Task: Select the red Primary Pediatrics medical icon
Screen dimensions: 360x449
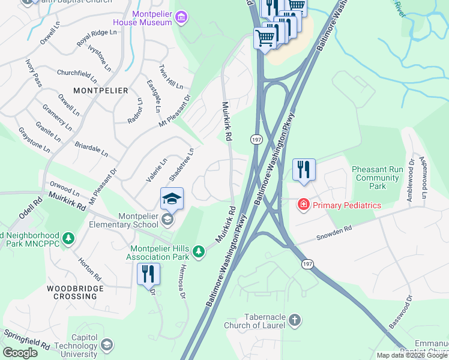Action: point(304,205)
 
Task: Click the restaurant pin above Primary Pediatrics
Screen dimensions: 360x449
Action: point(304,169)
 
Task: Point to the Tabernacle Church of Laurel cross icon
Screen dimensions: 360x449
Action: point(294,320)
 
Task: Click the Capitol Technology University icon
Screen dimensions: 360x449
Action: point(106,345)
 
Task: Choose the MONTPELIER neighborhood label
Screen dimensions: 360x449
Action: point(101,90)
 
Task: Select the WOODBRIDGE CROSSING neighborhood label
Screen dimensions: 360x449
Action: point(75,293)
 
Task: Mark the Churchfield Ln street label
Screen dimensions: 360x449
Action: point(77,76)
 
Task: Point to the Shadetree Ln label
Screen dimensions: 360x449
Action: point(181,165)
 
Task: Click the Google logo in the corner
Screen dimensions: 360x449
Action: point(20,353)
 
